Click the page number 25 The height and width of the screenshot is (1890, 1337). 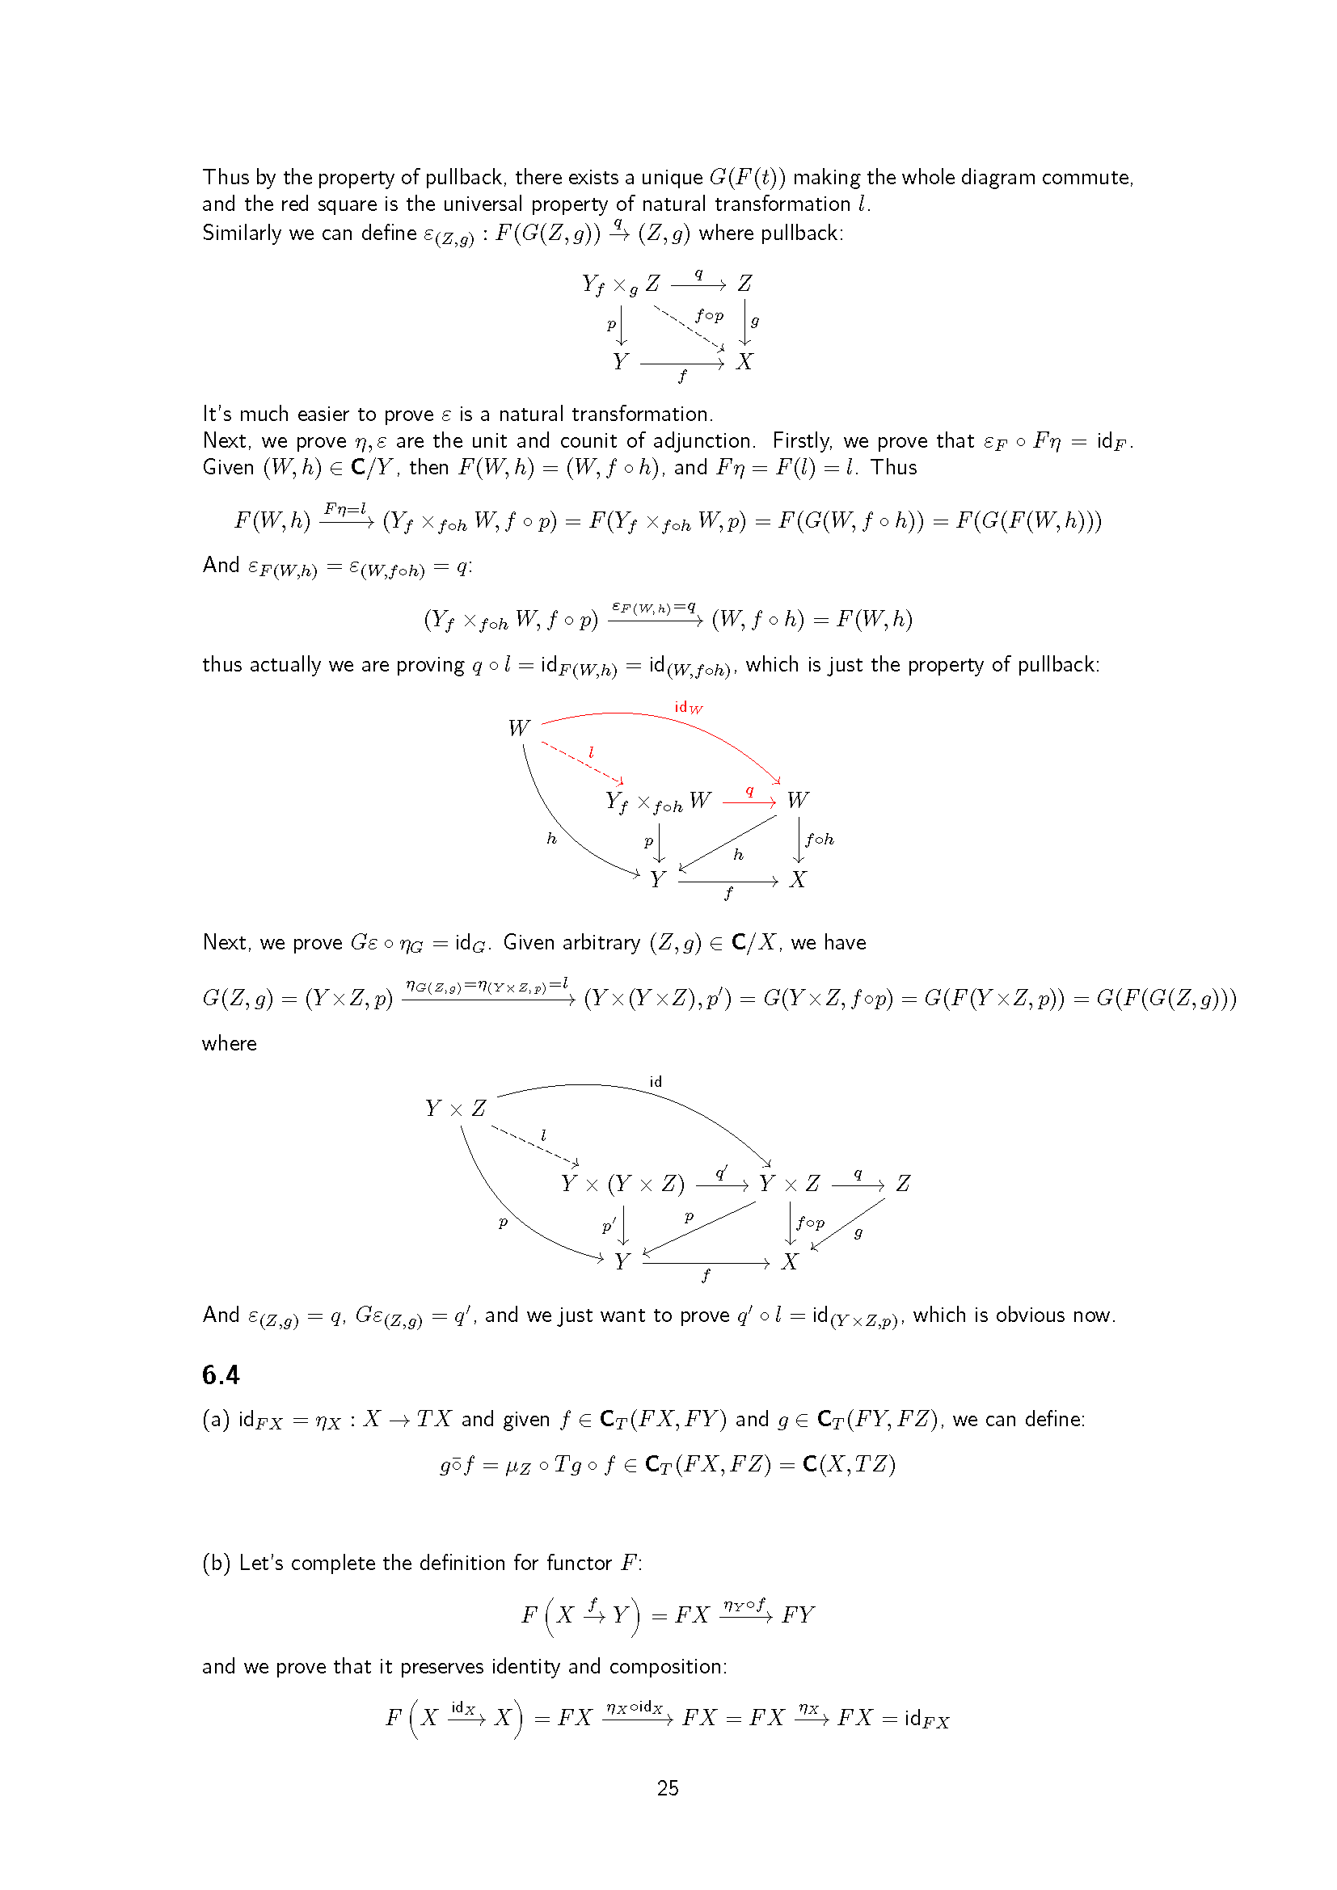(668, 1787)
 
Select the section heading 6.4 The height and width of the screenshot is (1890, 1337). (221, 1374)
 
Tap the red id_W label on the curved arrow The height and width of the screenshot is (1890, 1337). (688, 707)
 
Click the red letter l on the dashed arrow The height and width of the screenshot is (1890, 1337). (591, 752)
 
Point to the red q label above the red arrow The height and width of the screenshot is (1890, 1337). (749, 790)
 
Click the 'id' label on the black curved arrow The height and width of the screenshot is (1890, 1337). (656, 1082)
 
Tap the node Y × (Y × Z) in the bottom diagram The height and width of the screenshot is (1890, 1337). (622, 1184)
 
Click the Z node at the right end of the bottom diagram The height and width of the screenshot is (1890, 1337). (903, 1184)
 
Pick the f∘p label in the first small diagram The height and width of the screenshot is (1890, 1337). (709, 315)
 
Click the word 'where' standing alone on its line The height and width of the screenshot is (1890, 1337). (229, 1044)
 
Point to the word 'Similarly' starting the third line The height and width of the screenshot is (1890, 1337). (242, 233)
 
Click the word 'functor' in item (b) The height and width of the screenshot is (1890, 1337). (580, 1563)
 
